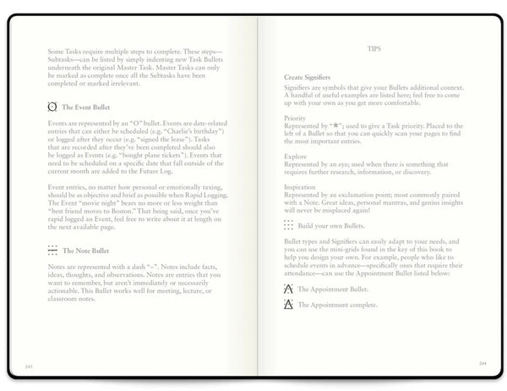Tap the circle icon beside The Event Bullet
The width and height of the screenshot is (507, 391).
pos(53,108)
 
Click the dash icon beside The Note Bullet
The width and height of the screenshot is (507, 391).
pos(53,251)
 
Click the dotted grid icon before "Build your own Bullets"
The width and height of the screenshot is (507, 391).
pos(289,225)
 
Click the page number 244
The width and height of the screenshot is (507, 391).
pos(482,365)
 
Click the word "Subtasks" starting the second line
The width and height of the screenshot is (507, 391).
pos(65,61)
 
